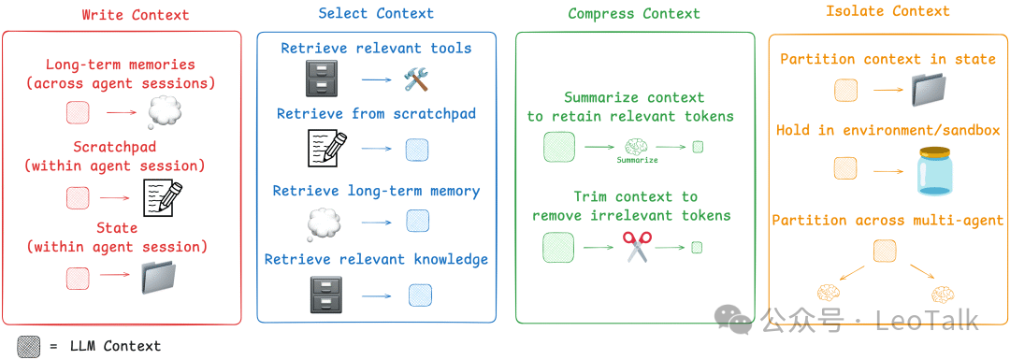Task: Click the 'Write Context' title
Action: (135, 15)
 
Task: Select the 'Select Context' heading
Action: (376, 13)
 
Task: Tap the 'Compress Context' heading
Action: (633, 13)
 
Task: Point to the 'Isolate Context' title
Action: (887, 11)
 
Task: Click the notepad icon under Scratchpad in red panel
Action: (162, 197)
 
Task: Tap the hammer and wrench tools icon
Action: (415, 80)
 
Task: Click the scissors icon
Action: (636, 247)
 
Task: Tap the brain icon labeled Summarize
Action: (636, 146)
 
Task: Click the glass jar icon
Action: (938, 170)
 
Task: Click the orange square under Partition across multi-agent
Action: (884, 250)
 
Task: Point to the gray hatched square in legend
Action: (32, 345)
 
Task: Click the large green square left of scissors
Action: (558, 247)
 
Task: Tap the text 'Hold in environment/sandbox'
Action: (887, 130)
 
